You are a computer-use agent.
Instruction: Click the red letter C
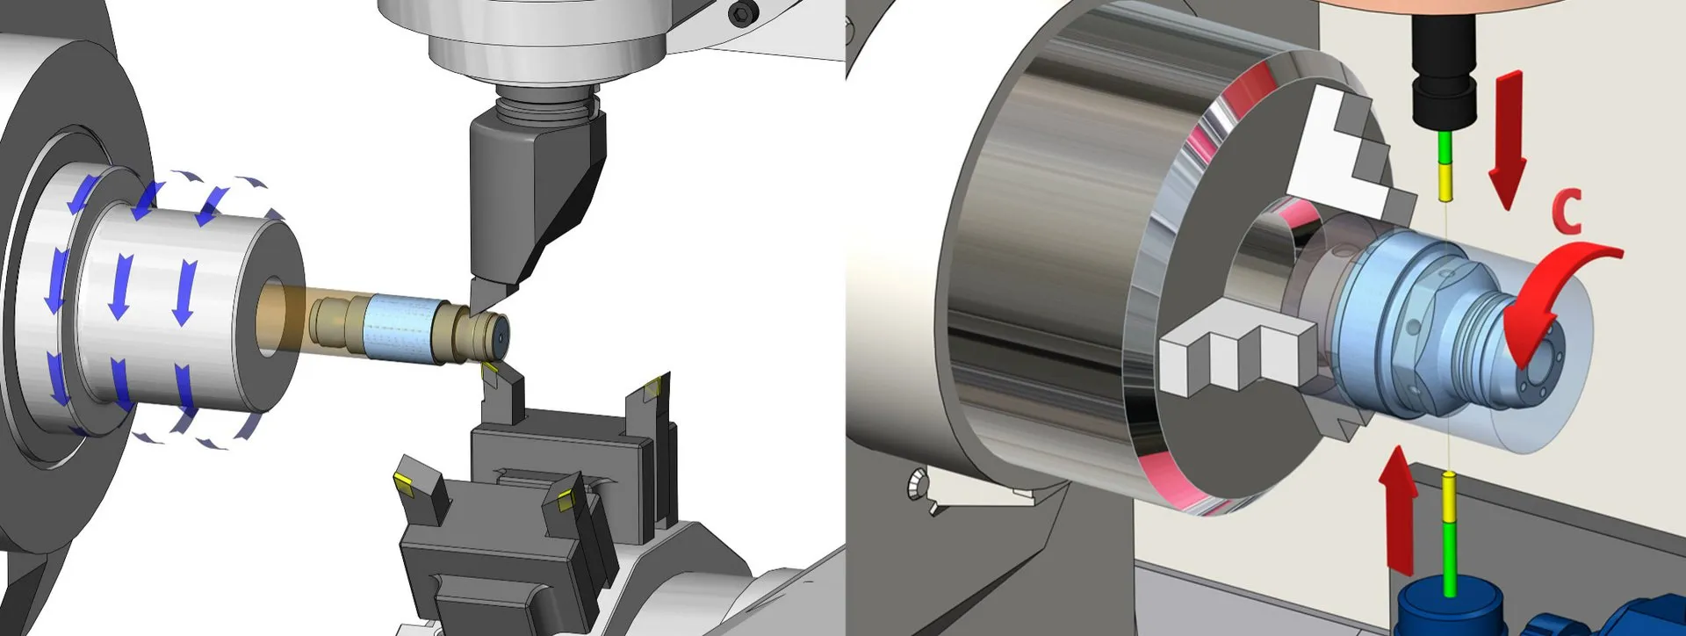pyautogui.click(x=1567, y=213)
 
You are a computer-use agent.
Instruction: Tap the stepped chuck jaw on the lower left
pyautogui.click(x=1238, y=347)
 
